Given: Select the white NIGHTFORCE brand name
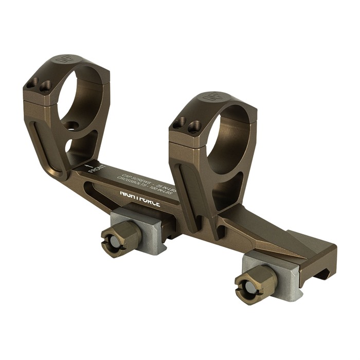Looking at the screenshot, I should point(140,199).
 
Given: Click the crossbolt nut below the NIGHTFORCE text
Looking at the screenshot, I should point(119,239).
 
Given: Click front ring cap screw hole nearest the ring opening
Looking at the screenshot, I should point(46,85).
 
